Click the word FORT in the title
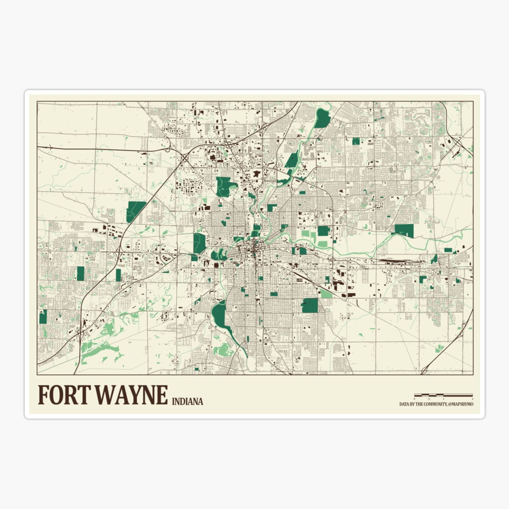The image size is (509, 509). pyautogui.click(x=64, y=395)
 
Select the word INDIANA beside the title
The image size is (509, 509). pyautogui.click(x=187, y=401)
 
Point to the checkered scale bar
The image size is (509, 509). pyautogui.click(x=443, y=395)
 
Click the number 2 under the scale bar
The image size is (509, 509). pyautogui.click(x=472, y=400)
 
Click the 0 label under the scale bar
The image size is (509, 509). pyautogui.click(x=415, y=400)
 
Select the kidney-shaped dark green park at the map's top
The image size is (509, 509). pyautogui.click(x=322, y=117)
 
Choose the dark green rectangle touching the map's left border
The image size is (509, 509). pyautogui.click(x=43, y=317)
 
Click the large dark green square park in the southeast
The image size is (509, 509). pyautogui.click(x=310, y=305)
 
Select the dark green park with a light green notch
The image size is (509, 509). pyautogui.click(x=226, y=187)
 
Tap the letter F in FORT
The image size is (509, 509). pyautogui.click(x=43, y=395)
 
